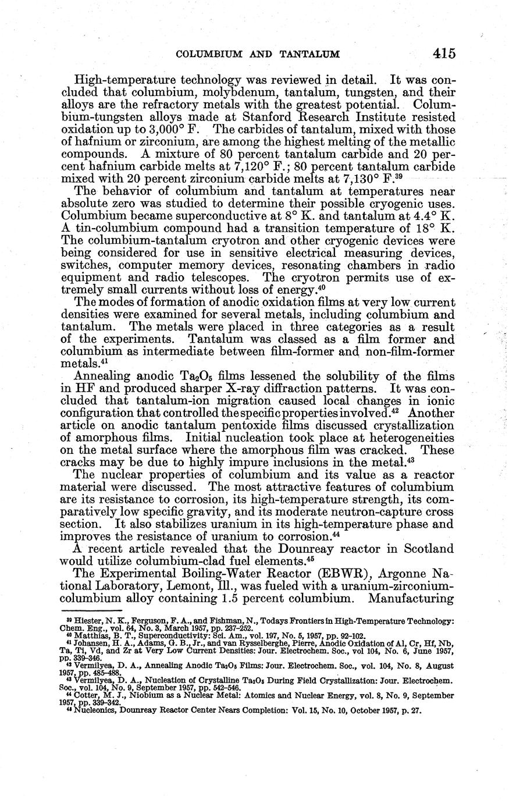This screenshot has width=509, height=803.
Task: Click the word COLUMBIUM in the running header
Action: click(206, 54)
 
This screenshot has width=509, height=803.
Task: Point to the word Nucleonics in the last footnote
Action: click(95, 710)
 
